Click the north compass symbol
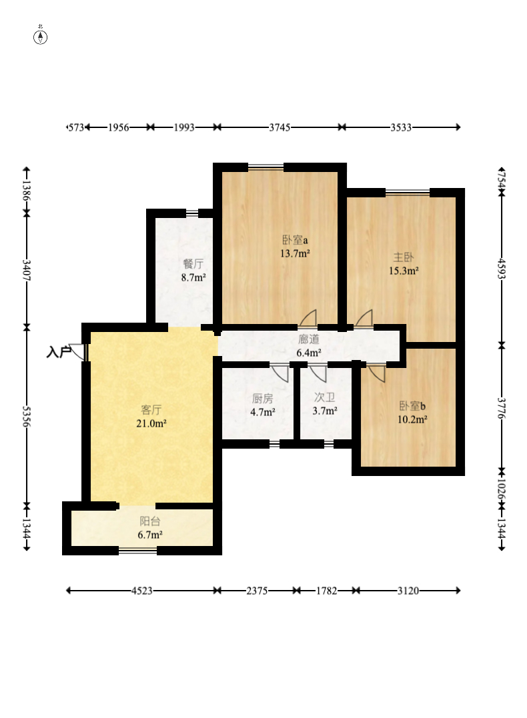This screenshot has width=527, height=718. point(41,37)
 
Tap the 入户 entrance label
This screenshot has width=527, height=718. point(59,352)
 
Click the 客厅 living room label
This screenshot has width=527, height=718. point(151,409)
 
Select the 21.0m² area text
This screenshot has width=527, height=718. point(151,423)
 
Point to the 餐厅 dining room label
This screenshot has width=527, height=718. point(193,264)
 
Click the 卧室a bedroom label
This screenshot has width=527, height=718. point(295,239)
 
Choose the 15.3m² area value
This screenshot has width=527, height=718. point(404,271)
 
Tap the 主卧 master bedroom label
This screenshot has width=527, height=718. point(404,257)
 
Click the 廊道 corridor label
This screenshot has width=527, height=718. point(308,339)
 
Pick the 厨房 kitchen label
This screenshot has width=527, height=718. point(263,399)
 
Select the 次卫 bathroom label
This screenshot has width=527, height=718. point(324,397)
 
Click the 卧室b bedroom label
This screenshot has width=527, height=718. point(412,406)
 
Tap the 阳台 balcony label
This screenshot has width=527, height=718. point(150,521)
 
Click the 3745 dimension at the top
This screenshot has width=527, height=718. point(280,127)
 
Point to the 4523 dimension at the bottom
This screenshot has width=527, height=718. point(142,591)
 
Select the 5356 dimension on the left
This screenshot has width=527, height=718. point(27,416)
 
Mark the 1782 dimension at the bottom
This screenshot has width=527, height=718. point(326,591)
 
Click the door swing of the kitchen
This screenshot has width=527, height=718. point(280,373)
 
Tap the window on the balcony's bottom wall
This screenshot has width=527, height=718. point(137,551)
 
